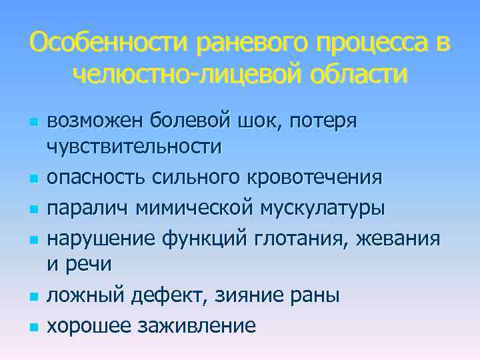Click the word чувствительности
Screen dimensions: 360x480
click(x=133, y=147)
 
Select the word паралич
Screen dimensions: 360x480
click(x=87, y=207)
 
